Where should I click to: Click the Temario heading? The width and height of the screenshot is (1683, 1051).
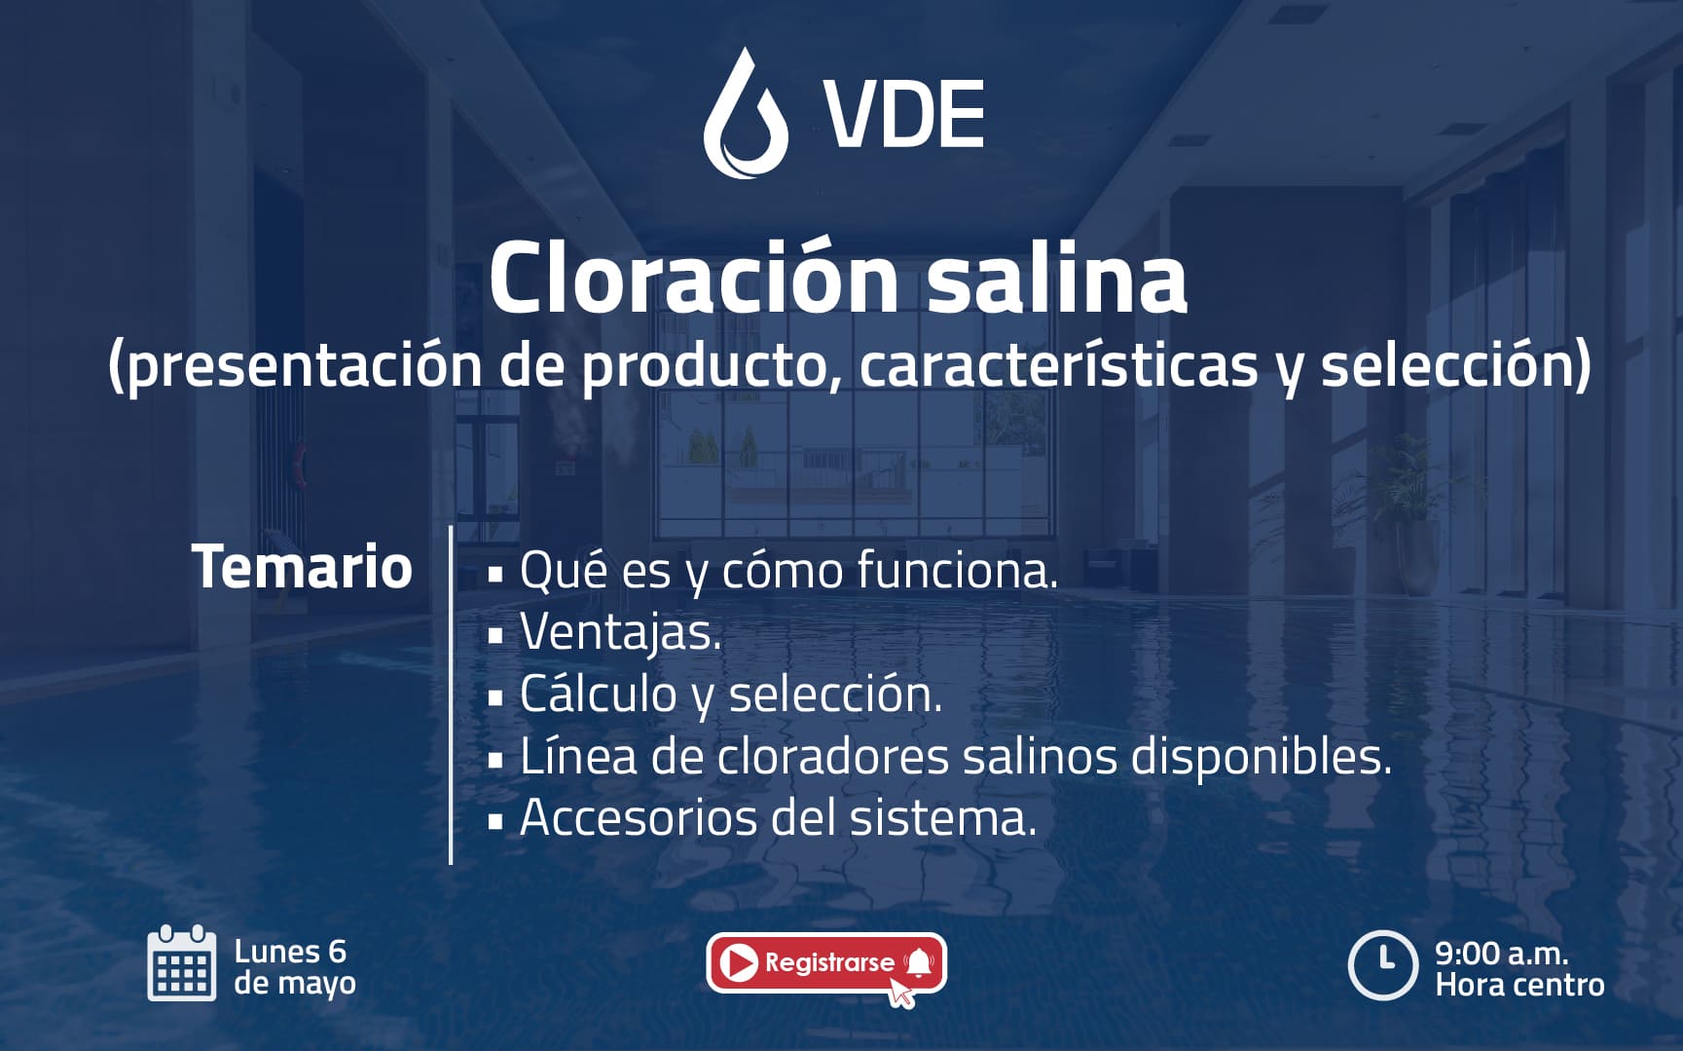(303, 567)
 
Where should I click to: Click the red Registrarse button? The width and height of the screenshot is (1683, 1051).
(826, 963)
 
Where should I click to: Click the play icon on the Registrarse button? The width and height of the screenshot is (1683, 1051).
(741, 963)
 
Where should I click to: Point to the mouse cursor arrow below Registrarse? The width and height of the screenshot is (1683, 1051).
(901, 993)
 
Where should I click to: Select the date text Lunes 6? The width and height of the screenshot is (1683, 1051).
(290, 952)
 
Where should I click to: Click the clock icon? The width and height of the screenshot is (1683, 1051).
(1382, 965)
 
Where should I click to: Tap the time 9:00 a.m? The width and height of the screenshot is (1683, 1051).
(1501, 953)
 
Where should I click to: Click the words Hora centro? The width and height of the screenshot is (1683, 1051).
(1519, 985)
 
